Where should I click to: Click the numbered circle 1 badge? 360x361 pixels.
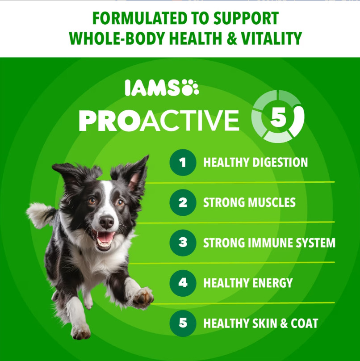point(183,163)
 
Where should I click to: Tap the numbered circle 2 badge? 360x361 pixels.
point(183,202)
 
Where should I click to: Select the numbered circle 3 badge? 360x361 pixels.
point(183,243)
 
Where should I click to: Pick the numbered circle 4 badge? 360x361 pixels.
point(183,283)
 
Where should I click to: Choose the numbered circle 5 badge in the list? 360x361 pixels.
point(183,323)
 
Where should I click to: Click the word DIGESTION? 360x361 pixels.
point(280,162)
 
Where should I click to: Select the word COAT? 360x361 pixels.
point(304,323)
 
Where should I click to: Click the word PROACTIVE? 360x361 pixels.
point(159,120)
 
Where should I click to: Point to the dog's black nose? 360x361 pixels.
point(107,222)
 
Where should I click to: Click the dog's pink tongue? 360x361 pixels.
point(106,237)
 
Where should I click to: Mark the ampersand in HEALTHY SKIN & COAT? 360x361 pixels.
point(284,323)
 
